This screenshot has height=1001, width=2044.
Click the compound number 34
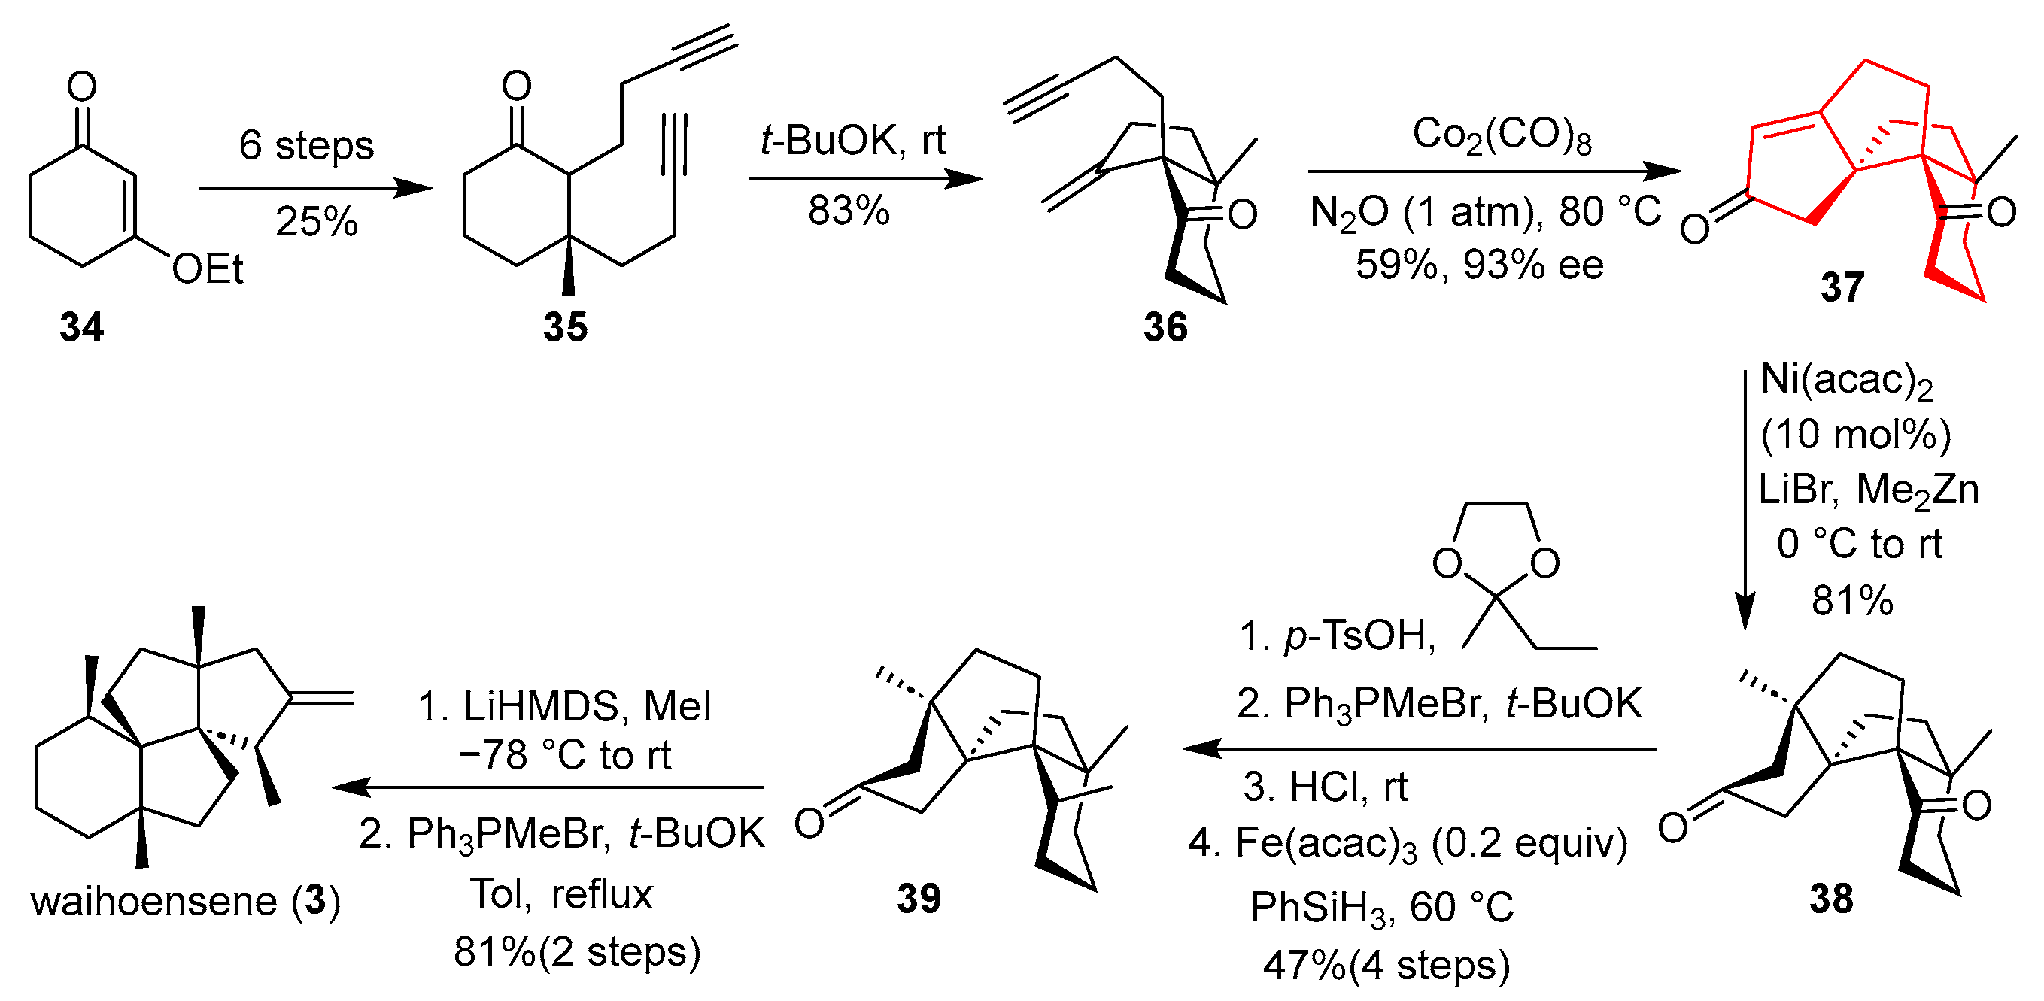(81, 327)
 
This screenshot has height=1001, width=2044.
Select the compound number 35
(565, 327)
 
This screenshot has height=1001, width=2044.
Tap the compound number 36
(1165, 327)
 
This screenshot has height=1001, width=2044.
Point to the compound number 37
(1842, 287)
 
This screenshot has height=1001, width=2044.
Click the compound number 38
(1831, 899)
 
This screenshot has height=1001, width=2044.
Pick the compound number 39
(919, 899)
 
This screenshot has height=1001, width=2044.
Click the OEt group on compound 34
(207, 270)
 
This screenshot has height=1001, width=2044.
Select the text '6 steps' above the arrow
(306, 145)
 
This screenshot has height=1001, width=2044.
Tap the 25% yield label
(317, 221)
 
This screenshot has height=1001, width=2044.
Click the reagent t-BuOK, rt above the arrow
(853, 141)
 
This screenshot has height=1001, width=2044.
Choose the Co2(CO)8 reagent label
(1502, 135)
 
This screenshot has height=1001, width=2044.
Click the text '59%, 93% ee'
(1479, 265)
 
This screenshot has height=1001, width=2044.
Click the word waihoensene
(154, 902)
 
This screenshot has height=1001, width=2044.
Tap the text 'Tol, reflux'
(561, 894)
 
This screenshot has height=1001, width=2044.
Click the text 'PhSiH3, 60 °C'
(1381, 906)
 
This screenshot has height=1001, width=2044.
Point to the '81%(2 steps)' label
(577, 951)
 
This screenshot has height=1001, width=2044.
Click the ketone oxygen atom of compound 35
(517, 85)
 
